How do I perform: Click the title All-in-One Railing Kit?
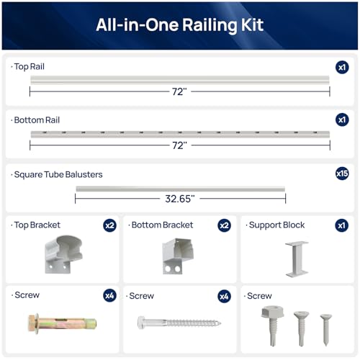coord(180,25)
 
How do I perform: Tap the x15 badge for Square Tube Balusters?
coord(342,174)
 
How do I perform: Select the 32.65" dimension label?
coord(180,199)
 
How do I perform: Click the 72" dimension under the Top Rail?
coord(179,91)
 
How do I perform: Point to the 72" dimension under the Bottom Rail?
coord(179,145)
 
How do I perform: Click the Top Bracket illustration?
coord(63,254)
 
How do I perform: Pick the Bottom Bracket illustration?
coord(178,256)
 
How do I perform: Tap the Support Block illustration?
coord(297,259)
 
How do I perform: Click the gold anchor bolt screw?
coord(63,323)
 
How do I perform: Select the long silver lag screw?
coord(179,323)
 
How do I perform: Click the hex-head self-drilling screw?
coord(273,325)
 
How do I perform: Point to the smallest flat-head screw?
coord(326,330)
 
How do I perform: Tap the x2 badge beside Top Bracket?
coord(109,225)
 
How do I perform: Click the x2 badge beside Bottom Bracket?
coord(224,225)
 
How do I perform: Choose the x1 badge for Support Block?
coord(341,225)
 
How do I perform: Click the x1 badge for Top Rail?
coord(342,67)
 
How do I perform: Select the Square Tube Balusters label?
coord(58,175)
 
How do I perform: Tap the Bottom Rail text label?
coord(37,120)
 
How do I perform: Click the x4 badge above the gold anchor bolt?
coord(109,296)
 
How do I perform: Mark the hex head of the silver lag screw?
coord(141,323)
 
